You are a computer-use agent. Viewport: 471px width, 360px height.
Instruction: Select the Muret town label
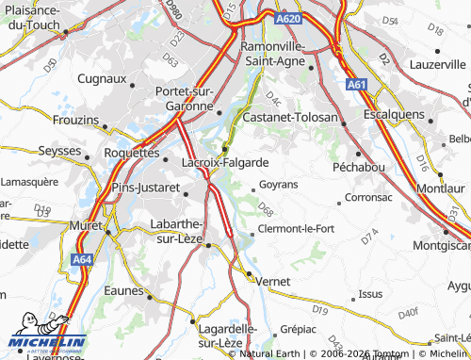(86, 226)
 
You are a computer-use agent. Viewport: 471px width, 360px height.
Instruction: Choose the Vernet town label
(271, 281)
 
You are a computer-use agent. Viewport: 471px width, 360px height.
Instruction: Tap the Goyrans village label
(278, 184)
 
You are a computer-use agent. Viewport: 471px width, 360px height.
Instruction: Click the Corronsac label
(368, 198)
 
